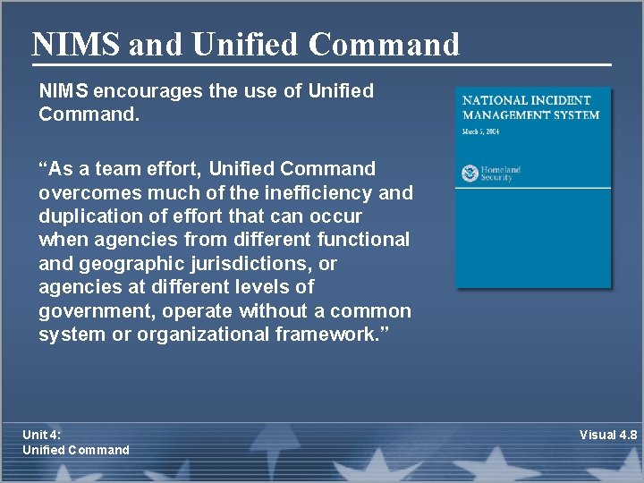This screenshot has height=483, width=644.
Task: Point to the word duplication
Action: coord(86,216)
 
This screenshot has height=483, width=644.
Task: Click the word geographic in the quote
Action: coord(127,264)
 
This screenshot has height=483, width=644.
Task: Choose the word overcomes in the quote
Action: coord(85,192)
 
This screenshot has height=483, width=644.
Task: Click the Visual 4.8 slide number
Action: coord(608,435)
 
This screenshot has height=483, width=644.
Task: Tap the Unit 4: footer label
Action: coord(41,435)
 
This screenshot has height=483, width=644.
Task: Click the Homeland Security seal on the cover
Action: coord(470,173)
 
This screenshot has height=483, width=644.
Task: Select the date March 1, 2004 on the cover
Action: coord(481,132)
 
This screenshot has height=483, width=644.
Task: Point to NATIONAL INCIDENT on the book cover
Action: coord(526,101)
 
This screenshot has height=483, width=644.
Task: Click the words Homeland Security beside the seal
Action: coord(501,174)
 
